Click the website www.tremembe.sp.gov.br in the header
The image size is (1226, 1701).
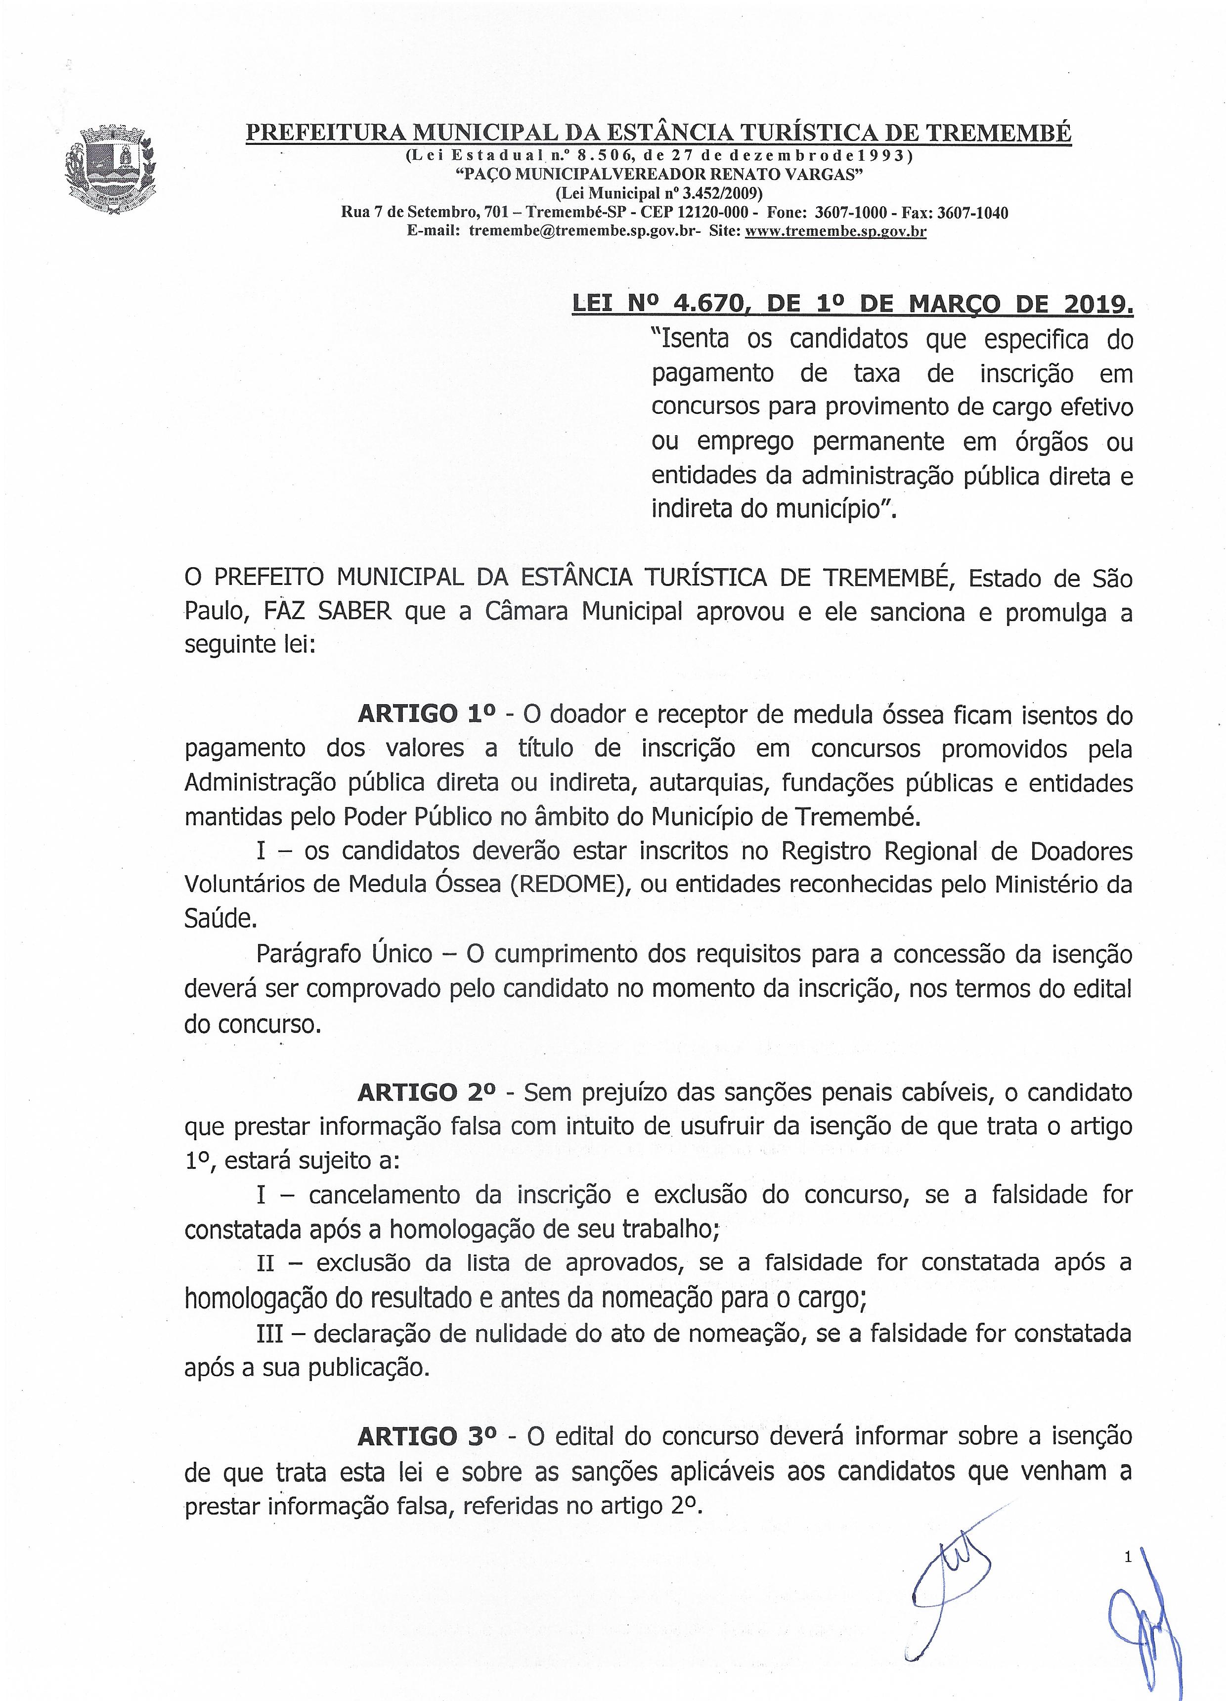(835, 232)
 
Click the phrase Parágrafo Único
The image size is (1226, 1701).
(344, 954)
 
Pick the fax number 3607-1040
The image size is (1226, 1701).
(972, 213)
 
